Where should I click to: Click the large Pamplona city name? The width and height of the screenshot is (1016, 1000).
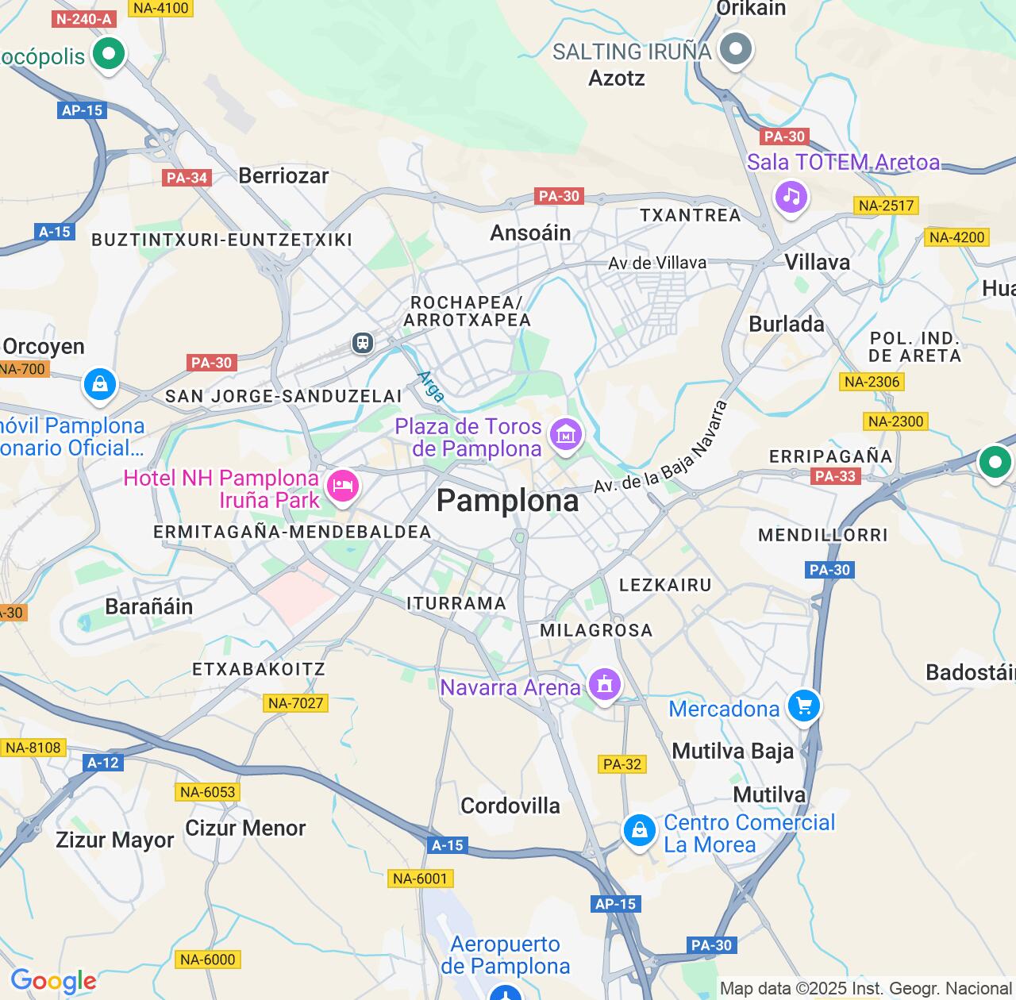508,501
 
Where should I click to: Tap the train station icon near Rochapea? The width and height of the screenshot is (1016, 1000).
363,343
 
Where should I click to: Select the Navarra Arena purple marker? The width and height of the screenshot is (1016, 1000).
604,684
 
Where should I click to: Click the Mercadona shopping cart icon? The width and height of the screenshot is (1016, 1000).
803,705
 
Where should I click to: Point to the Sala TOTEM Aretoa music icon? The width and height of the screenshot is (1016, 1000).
791,195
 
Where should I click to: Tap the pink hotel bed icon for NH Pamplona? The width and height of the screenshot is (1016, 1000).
342,485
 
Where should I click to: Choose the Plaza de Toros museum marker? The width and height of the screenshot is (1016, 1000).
565,434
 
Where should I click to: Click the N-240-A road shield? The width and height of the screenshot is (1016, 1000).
84,19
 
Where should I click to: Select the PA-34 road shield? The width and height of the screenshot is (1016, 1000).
187,178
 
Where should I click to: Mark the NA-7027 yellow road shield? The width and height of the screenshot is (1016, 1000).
296,703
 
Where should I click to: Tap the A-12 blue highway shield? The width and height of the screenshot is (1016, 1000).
102,763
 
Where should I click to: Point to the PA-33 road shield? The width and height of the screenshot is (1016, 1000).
835,476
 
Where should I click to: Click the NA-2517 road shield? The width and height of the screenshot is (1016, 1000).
887,206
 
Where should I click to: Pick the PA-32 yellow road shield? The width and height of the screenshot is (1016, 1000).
622,764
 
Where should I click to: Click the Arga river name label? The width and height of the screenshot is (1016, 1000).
431,386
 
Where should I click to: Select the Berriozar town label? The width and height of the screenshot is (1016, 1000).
283,175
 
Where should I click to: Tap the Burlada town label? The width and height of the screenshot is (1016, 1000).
787,324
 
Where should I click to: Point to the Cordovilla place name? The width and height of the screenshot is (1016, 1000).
510,806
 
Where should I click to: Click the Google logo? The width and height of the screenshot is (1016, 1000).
53,981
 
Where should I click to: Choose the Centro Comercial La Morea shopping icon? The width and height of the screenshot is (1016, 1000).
639,830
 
